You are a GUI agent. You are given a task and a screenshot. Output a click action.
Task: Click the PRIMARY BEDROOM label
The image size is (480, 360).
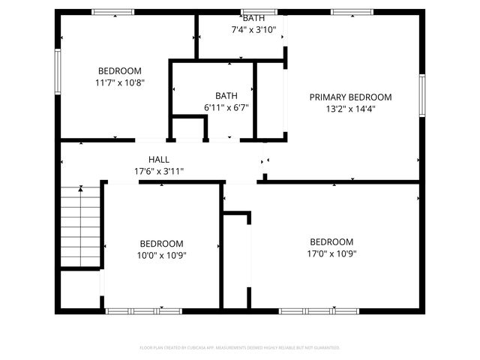(351, 97)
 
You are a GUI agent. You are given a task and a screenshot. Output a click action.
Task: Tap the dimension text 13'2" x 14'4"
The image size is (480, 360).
(351, 109)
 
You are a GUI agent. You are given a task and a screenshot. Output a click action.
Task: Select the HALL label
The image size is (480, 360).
(158, 160)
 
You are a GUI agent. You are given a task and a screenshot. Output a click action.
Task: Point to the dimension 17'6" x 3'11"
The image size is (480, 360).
(158, 171)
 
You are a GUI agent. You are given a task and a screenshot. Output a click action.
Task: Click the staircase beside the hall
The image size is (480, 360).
(79, 225)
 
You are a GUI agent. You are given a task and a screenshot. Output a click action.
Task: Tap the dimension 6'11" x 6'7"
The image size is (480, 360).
(226, 107)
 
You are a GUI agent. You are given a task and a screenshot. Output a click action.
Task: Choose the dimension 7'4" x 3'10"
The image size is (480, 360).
(253, 31)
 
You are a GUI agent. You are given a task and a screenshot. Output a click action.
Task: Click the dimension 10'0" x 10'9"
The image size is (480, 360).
(161, 255)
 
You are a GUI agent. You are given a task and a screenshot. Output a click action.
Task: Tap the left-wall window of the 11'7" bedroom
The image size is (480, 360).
(57, 71)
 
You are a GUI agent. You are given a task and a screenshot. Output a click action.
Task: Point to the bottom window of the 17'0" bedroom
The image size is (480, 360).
(307, 310)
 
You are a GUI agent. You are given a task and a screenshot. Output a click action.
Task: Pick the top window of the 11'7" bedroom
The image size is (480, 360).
(112, 12)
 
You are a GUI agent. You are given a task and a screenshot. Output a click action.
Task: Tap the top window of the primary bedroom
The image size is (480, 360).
(352, 12)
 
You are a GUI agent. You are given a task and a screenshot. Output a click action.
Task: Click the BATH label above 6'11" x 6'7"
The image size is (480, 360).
(226, 96)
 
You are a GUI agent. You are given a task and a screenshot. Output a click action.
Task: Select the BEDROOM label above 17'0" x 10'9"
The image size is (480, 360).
(331, 241)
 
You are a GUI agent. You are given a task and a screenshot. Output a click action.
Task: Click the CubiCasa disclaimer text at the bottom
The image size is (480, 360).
(240, 348)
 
